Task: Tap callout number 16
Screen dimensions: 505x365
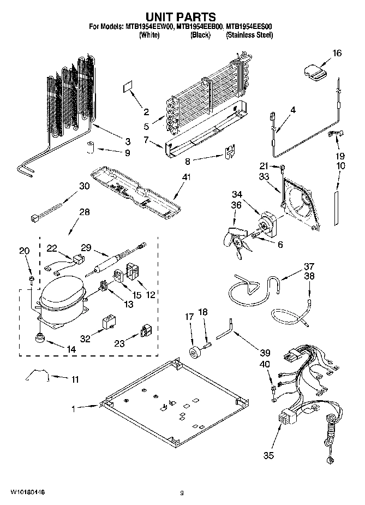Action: pos(337,53)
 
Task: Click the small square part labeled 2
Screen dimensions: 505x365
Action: pos(127,87)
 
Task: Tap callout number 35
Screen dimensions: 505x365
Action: pos(268,455)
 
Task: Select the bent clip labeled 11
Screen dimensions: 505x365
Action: pos(38,375)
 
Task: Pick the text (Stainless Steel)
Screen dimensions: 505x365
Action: pos(249,35)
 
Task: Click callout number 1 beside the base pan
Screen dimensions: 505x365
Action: pos(74,407)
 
